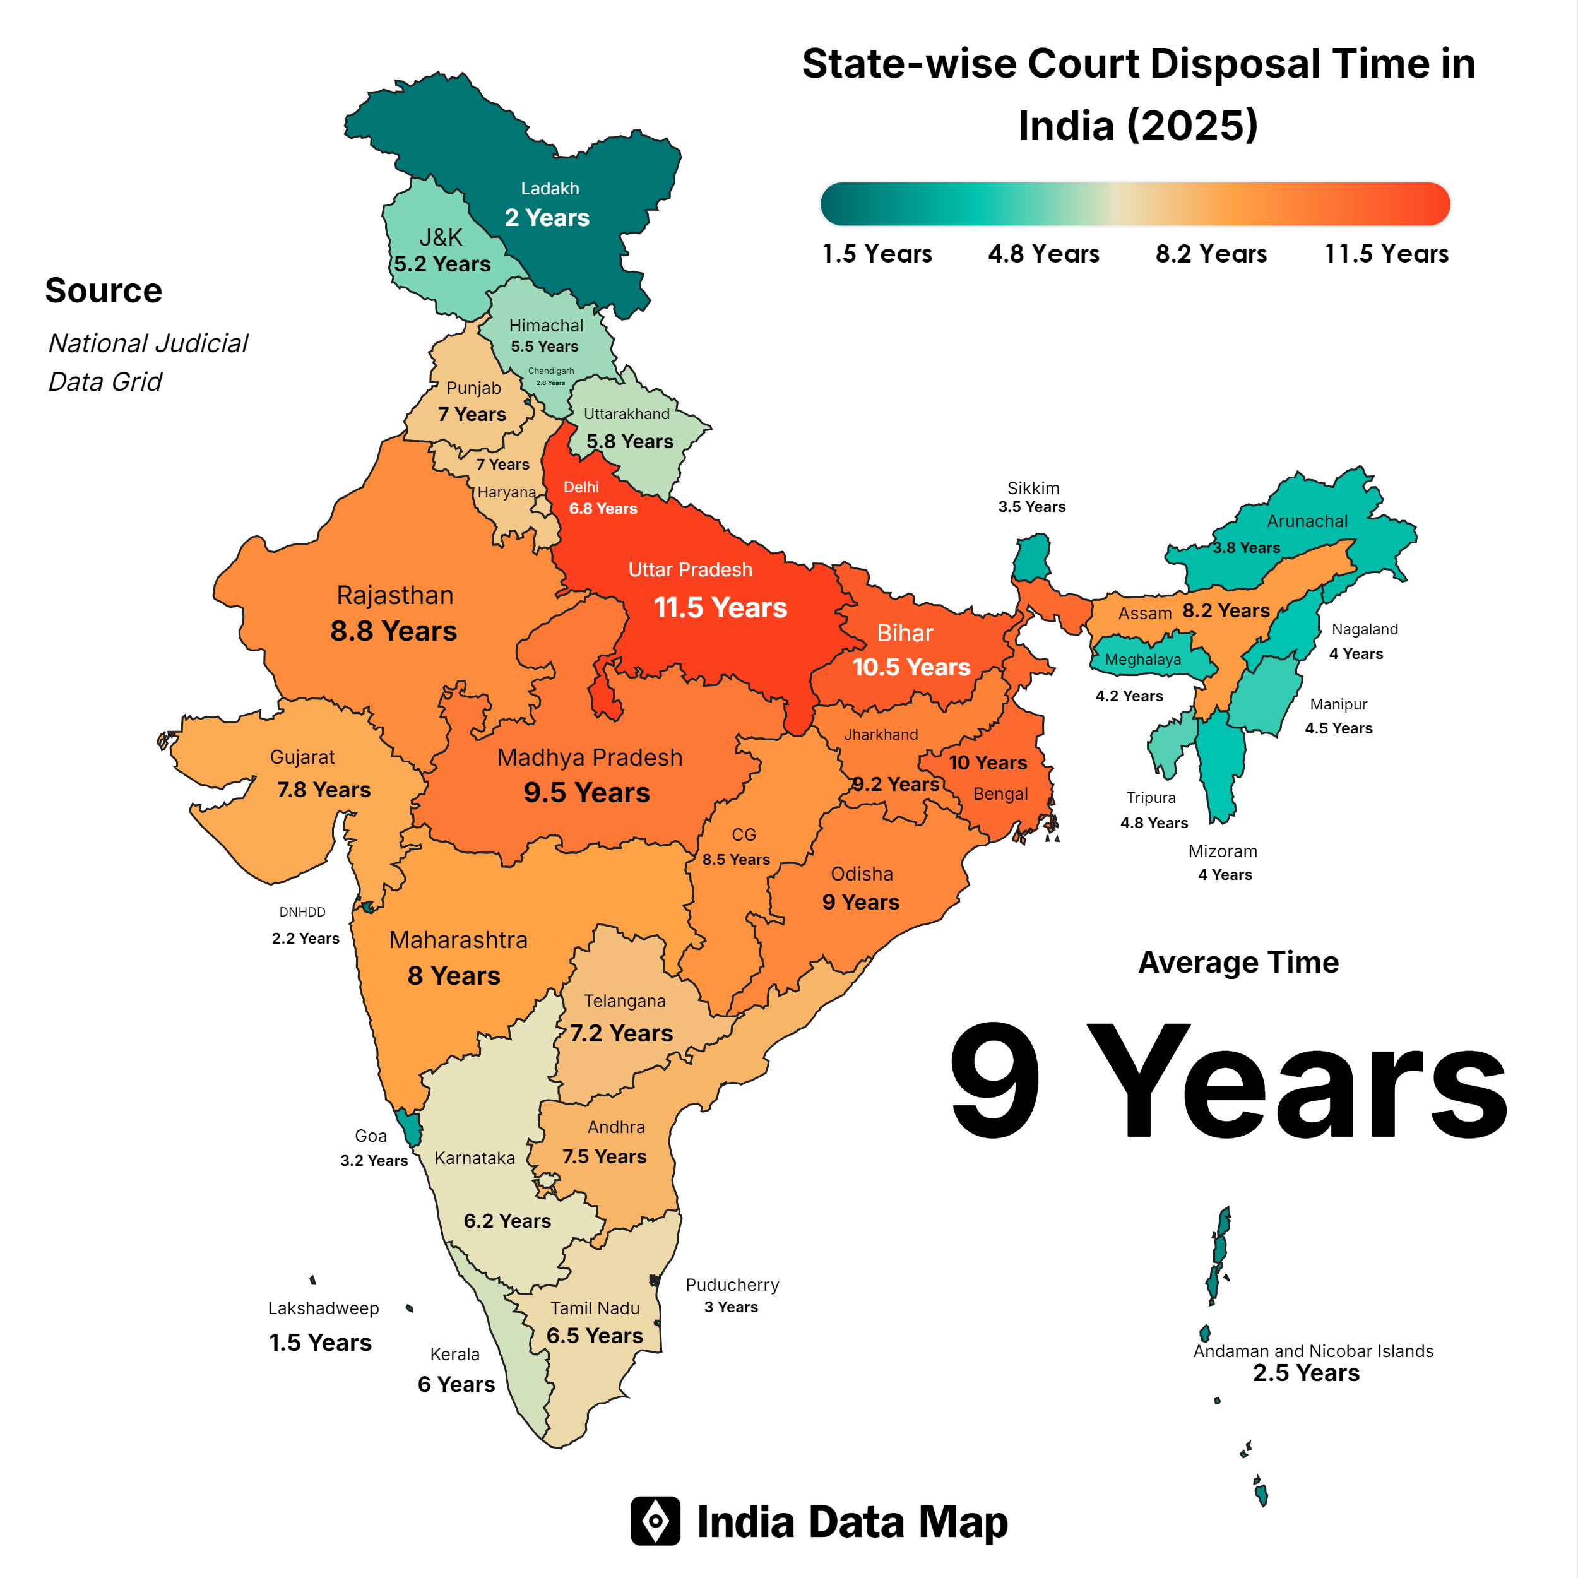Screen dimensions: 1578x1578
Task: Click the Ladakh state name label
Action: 550,189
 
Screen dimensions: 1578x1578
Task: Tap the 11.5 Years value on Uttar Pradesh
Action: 720,608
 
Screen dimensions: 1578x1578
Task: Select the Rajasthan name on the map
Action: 394,595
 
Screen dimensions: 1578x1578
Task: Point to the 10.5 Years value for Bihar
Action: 911,667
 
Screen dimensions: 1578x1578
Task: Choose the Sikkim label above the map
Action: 1033,489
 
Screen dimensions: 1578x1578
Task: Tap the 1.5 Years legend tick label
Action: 876,254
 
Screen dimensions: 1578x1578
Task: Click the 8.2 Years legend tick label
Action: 1211,254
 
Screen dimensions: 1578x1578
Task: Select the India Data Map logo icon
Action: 655,1521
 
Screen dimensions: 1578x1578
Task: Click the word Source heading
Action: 104,291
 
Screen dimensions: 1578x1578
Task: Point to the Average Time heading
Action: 1238,962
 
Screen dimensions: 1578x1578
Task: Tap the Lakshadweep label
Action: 323,1308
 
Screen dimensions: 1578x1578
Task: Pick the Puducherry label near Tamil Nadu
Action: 732,1284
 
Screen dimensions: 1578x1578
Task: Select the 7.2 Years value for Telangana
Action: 622,1033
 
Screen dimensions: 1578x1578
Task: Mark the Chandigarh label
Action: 550,371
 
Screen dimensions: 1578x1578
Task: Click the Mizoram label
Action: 1223,851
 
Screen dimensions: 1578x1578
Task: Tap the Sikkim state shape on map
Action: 1033,558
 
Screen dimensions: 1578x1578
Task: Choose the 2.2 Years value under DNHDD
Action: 306,939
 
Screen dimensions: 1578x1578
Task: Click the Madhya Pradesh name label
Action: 590,758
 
